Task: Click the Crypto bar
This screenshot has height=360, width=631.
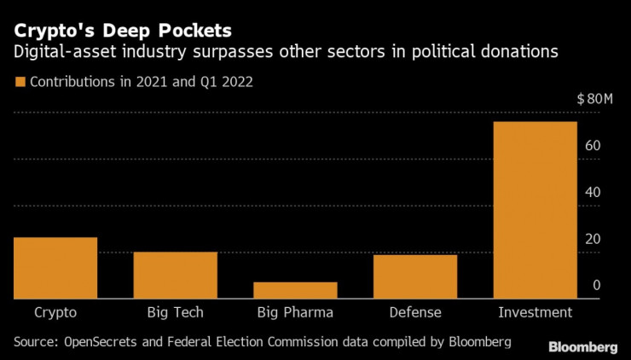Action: point(55,268)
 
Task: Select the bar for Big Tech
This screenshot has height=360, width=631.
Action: point(176,275)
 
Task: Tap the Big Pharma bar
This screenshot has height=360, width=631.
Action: point(295,290)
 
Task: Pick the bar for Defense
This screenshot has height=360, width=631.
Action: point(415,276)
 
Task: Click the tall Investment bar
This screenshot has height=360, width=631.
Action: point(535,210)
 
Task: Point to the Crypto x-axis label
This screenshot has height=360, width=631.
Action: point(55,312)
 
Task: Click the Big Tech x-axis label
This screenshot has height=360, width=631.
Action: point(176,312)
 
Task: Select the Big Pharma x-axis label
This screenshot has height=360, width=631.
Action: point(295,312)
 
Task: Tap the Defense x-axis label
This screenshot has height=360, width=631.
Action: point(415,312)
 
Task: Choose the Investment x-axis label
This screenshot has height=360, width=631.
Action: point(535,312)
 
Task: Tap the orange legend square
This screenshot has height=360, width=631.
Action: point(19,83)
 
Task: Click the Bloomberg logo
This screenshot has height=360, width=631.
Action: point(582,346)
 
